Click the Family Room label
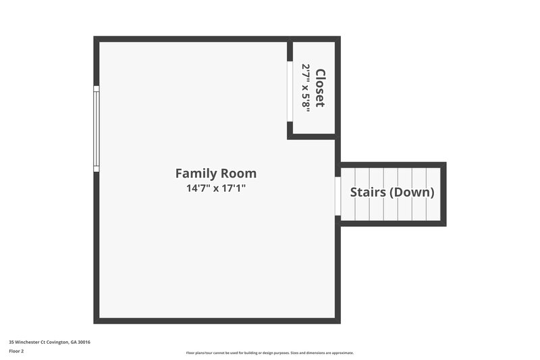coord(215,173)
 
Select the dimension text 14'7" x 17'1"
coord(215,188)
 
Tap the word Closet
coord(320,88)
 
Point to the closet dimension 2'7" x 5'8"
coord(306,86)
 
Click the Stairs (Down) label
coord(391,192)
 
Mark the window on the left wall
coord(97,128)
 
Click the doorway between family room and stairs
coord(337,196)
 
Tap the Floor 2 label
coord(16,351)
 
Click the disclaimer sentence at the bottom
coord(269,353)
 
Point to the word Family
coord(196,173)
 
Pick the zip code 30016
coord(83,342)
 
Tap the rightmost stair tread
coord(433,194)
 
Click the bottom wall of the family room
coord(216,320)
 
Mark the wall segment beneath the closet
coord(312,136)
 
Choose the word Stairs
coord(368,192)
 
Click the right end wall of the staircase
coord(443,194)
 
